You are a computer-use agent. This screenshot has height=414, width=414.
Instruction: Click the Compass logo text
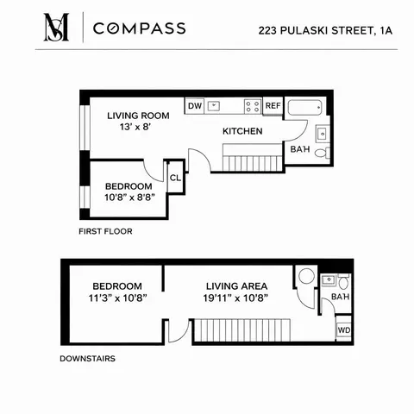coord(139,28)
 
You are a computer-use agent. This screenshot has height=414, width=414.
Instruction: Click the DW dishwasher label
coord(195,106)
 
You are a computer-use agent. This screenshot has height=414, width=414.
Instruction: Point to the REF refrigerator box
coord(273,106)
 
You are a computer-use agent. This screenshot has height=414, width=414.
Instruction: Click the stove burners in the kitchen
coord(253,106)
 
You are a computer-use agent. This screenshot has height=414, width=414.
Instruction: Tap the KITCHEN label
coord(242,131)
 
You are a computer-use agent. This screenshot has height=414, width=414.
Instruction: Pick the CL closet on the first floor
coord(175,178)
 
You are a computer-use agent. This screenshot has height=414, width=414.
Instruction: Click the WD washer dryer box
coord(343,330)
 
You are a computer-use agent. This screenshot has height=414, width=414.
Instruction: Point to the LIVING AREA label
coord(235,285)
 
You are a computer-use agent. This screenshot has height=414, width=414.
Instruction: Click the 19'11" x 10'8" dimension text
coord(235,299)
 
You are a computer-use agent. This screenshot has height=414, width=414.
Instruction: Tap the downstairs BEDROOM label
coord(116,285)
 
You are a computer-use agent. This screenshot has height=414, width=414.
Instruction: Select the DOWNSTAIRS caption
coord(88,356)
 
